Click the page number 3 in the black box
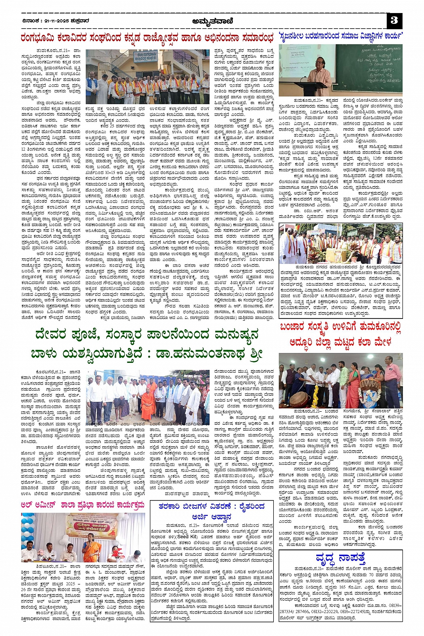[x=394, y=21]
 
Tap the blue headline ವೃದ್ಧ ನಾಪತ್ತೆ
[x=341, y=558]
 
